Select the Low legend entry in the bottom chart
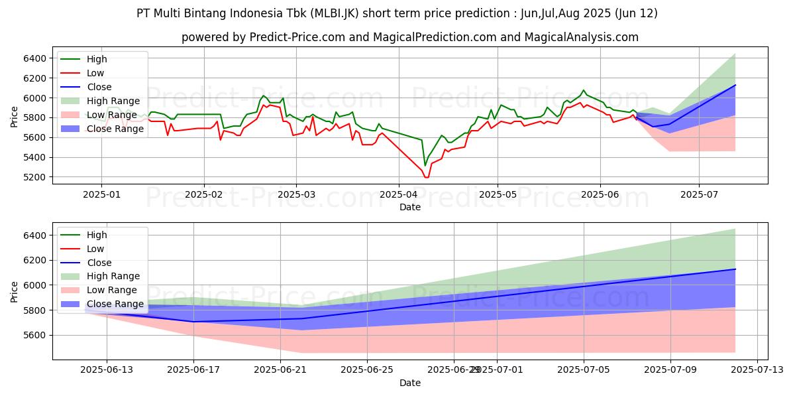(95, 249)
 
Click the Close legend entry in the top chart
(99, 87)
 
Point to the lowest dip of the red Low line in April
(426, 177)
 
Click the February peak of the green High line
(263, 96)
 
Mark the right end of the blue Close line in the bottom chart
(735, 269)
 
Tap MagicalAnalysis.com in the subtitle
(581, 37)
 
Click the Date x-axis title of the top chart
(410, 208)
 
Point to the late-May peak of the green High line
(583, 90)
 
